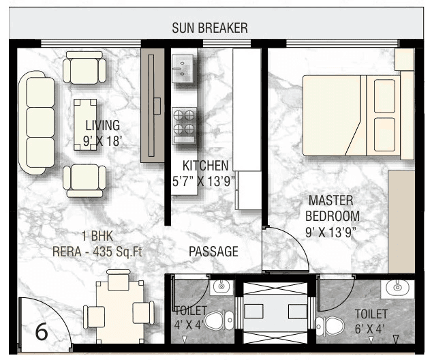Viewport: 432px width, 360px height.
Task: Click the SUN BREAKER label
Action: (x=209, y=28)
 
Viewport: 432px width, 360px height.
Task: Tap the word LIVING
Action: (x=102, y=125)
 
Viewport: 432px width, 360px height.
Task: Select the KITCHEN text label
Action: (x=205, y=166)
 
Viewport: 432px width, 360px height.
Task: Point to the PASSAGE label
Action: (x=213, y=252)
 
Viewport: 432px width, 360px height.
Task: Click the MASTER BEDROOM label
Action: (x=331, y=208)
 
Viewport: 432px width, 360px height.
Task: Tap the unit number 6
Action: (x=42, y=332)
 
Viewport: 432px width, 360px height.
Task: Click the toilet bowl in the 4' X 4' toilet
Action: (x=218, y=322)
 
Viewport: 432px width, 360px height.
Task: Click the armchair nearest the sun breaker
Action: (x=85, y=68)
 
